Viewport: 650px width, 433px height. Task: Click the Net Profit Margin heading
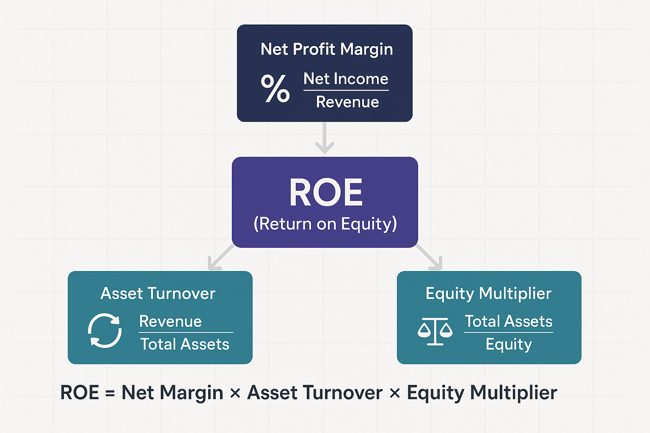coord(327,49)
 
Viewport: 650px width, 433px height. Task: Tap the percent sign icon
coord(275,88)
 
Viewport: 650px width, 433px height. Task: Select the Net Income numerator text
coord(346,79)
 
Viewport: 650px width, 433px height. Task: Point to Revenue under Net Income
coord(347,102)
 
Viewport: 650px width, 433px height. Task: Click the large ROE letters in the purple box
coord(326,193)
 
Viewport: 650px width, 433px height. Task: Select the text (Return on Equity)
coord(325,224)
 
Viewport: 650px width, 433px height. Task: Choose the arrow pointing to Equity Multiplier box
coord(430,258)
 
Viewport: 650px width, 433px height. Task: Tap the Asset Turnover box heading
coord(158,293)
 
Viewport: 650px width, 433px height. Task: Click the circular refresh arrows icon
coord(105,331)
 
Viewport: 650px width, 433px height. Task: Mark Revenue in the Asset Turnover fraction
coord(171,321)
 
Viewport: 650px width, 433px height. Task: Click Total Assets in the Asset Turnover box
coord(185,344)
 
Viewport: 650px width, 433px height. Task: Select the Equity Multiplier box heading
coord(488,293)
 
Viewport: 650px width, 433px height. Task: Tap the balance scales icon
coord(435,331)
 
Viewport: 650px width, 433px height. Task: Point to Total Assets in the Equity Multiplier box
coord(509,321)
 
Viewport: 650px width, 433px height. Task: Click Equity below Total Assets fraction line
coord(509,345)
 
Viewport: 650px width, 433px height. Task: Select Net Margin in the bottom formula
coord(172,393)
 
